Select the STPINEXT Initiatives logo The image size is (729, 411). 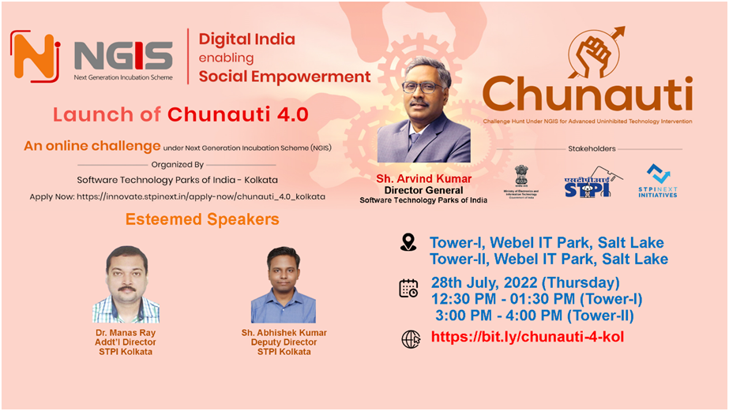click(658, 181)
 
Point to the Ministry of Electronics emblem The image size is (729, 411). click(522, 181)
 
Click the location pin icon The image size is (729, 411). click(408, 242)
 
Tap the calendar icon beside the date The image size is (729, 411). click(408, 288)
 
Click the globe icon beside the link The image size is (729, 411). click(411, 339)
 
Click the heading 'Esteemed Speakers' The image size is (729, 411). click(202, 219)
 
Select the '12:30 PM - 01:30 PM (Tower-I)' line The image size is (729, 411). click(536, 300)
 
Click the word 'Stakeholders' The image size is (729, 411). click(592, 148)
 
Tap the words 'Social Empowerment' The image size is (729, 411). click(284, 77)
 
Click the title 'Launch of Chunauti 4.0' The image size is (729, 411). click(180, 115)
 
